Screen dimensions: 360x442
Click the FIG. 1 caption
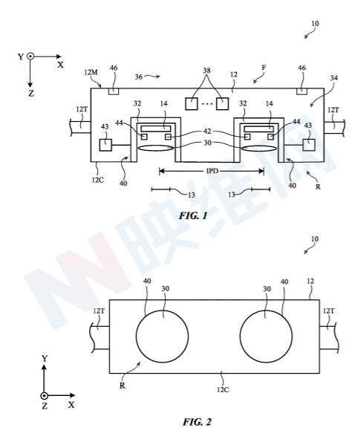(x=193, y=216)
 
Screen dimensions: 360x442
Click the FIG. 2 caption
(x=197, y=422)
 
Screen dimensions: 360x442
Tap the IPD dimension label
(x=212, y=171)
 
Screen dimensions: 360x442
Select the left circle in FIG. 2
(x=162, y=311)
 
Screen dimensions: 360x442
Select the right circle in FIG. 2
(x=266, y=311)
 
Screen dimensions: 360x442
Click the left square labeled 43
(x=105, y=145)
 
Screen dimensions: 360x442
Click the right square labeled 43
(x=309, y=145)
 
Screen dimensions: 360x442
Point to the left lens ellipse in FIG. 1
(x=155, y=149)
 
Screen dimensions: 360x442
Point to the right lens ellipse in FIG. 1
(x=259, y=149)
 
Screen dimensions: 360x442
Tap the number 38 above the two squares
(x=207, y=70)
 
